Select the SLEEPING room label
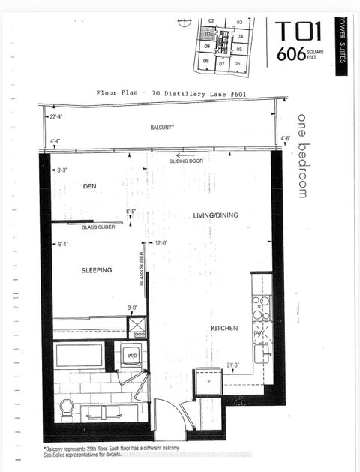pos(97,269)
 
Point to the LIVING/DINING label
pos(214,215)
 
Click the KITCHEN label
pos(224,328)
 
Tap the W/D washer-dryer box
pos(131,356)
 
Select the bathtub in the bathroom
pos(79,355)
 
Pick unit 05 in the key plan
pos(239,48)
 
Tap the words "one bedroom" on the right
pos(303,155)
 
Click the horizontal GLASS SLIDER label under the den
pos(98,226)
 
